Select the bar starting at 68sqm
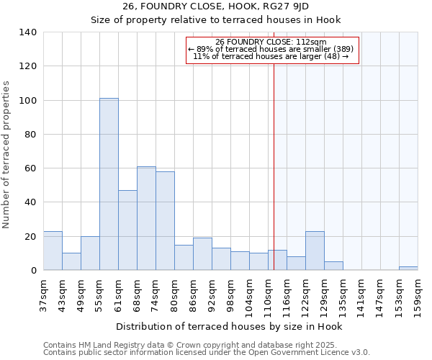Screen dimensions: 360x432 tap(146, 218)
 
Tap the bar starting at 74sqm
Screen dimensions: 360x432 tap(165, 221)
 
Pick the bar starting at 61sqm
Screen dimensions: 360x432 tap(127, 230)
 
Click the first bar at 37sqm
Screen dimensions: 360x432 tap(53, 251)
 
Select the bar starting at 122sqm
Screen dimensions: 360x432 tap(315, 251)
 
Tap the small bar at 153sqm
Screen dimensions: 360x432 tap(408, 269)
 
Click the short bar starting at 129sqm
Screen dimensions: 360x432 tap(333, 266)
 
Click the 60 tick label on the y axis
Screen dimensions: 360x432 tap(30, 168)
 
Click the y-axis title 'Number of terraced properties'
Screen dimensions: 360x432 tap(6, 155)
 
